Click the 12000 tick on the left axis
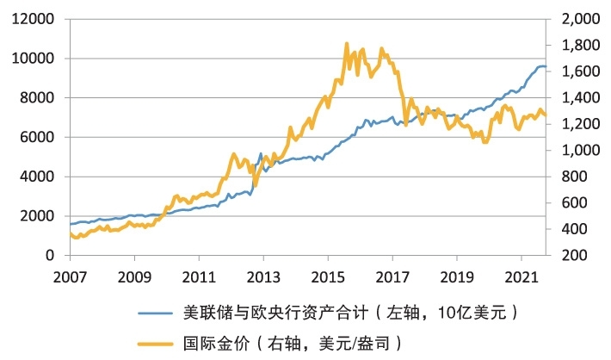pos(34,19)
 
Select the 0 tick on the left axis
pos(50,256)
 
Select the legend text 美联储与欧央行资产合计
pos(263,311)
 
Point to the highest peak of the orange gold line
pos(347,43)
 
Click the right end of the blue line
pos(545,66)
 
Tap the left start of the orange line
pos(70,233)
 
